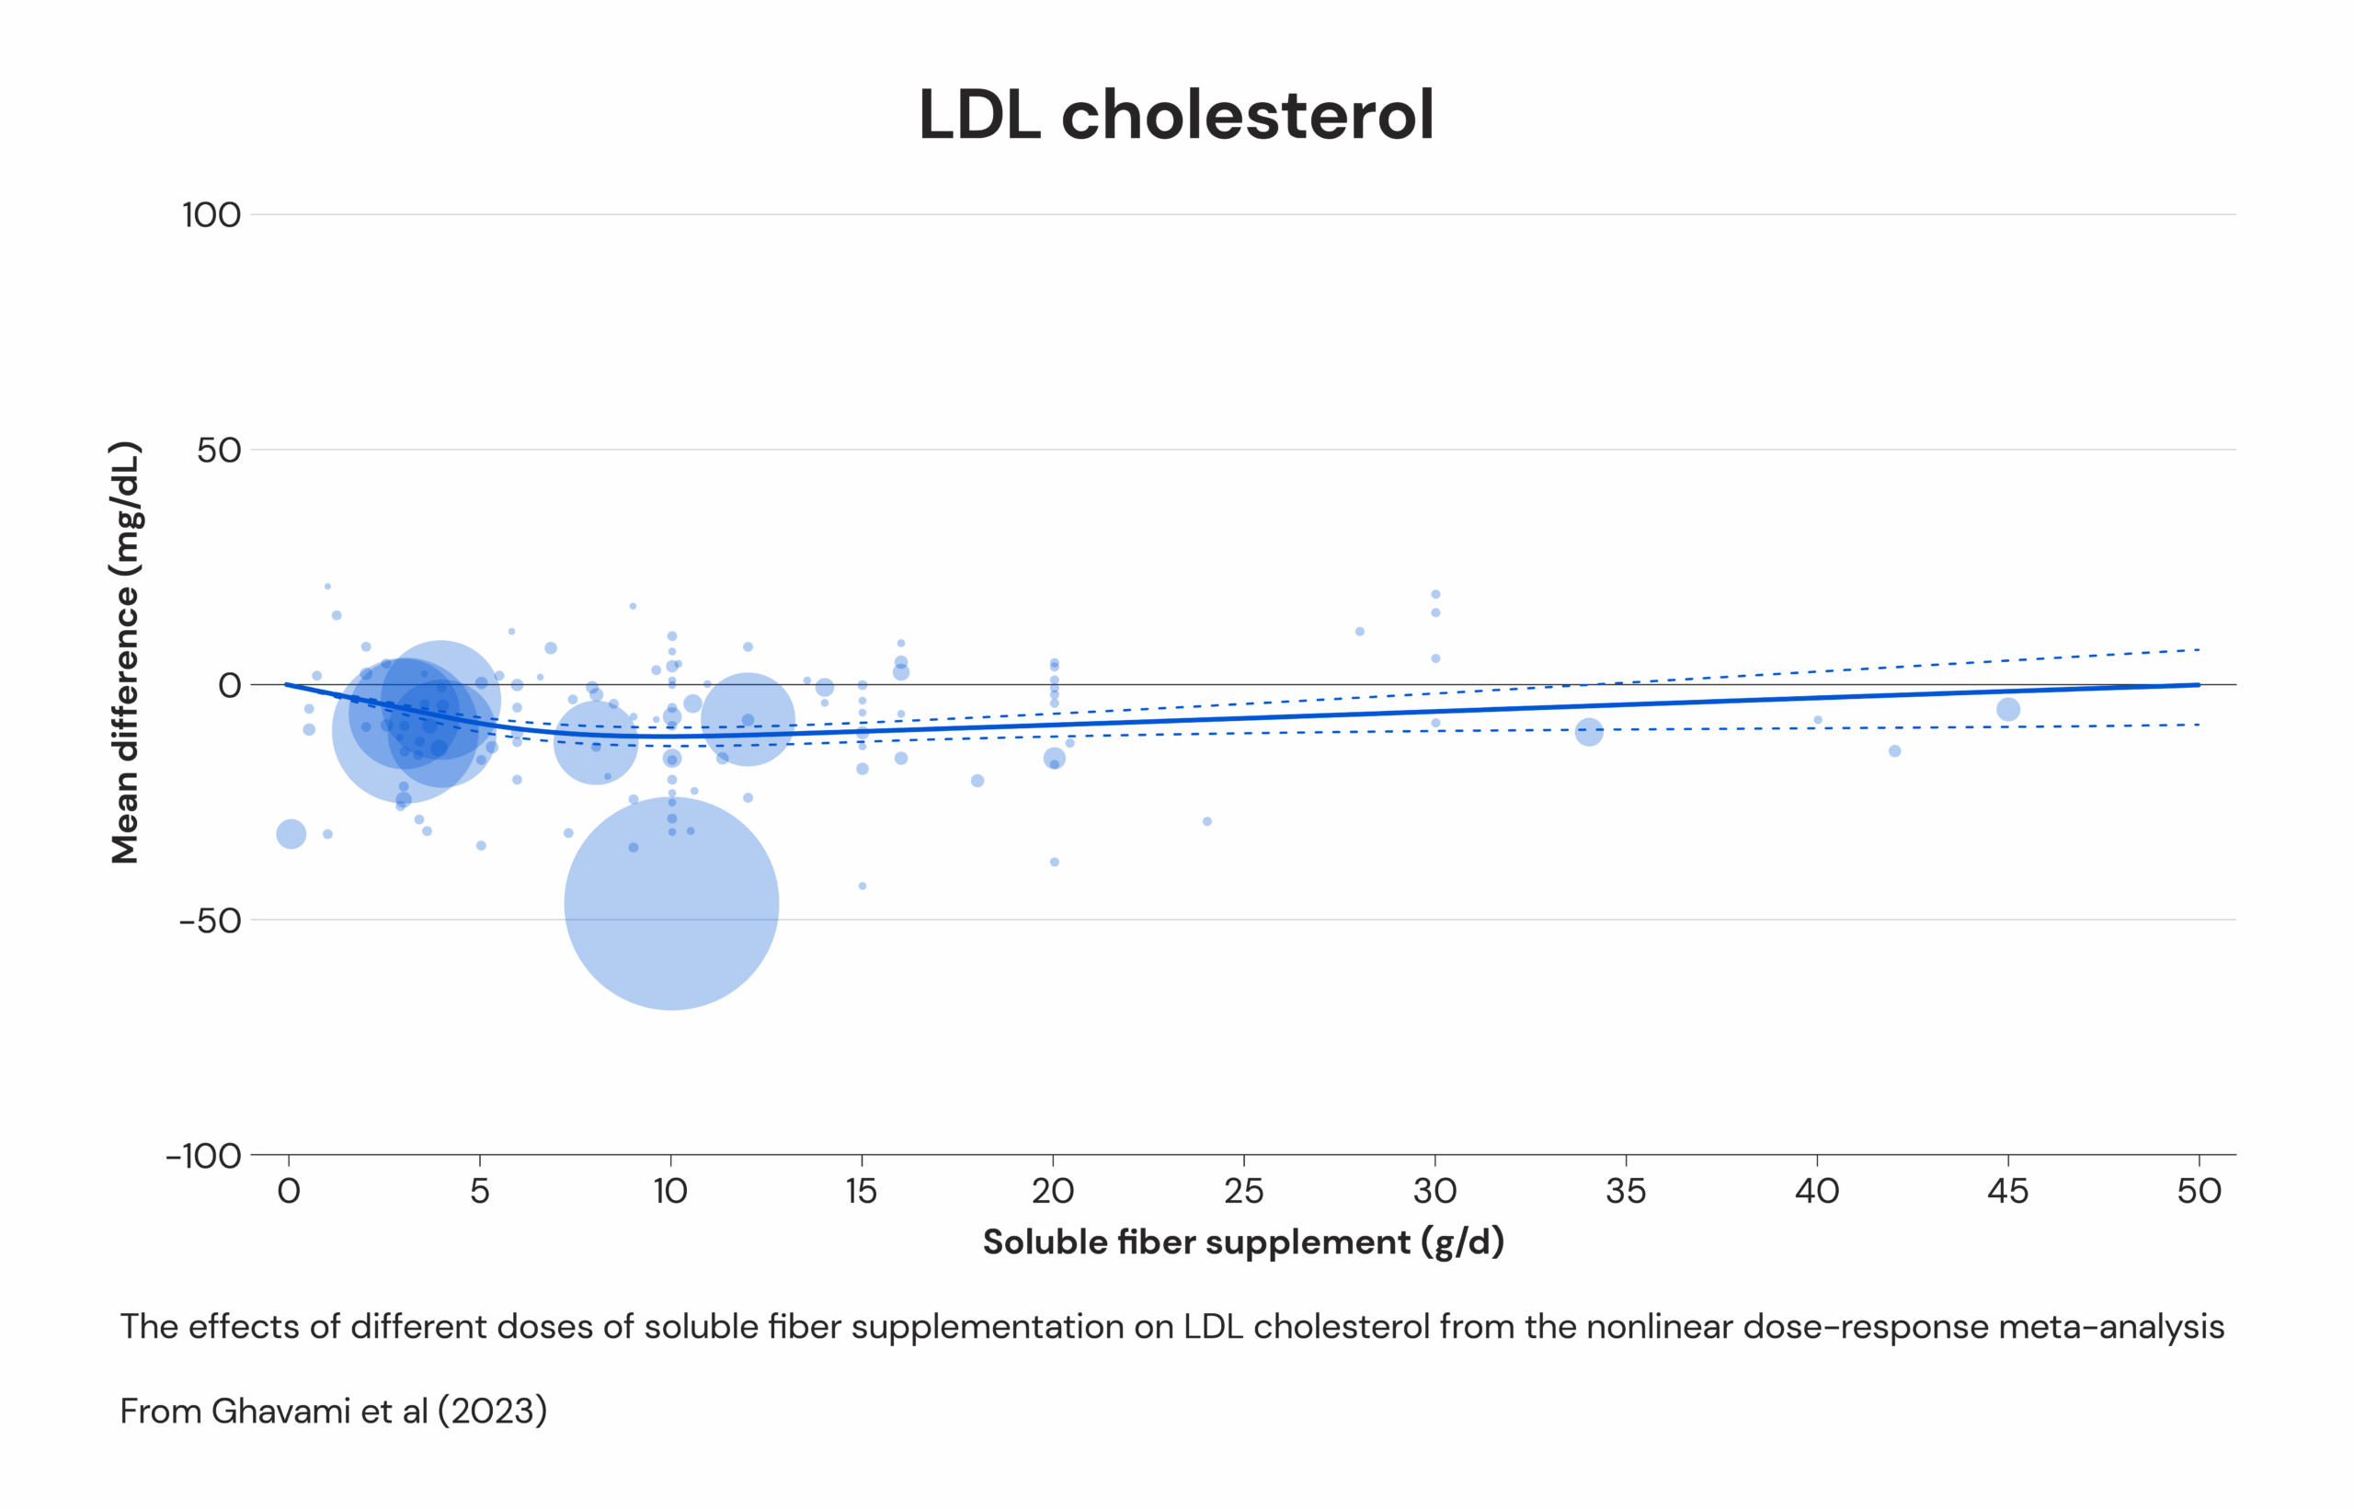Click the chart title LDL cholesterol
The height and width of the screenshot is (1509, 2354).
[1175, 116]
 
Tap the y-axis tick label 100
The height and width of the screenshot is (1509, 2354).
[211, 214]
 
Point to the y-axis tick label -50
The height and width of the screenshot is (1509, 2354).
[210, 921]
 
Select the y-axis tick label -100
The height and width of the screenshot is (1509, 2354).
[204, 1156]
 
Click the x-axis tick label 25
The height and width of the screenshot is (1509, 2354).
[1243, 1192]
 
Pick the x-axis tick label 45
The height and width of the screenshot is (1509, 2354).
[2007, 1192]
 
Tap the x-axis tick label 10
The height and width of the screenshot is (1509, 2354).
[670, 1192]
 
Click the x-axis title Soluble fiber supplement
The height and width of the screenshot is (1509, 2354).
[1242, 1242]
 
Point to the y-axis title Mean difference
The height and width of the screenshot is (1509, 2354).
[125, 653]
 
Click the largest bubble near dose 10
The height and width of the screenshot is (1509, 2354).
[671, 903]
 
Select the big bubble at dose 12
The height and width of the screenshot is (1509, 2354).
[748, 719]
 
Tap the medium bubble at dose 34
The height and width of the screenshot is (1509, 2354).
[1589, 732]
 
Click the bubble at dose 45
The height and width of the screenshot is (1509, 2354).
[2008, 709]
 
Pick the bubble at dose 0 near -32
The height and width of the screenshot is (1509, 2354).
[291, 835]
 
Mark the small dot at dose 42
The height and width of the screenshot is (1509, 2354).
[1894, 751]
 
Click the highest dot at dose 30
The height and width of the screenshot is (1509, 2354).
[1435, 595]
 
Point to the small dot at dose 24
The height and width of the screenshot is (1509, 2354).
[1206, 821]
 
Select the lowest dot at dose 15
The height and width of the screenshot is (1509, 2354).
[862, 886]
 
